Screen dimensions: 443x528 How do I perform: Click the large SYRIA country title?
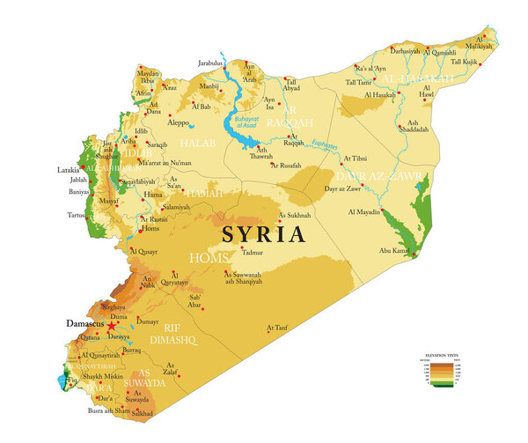coord(264,234)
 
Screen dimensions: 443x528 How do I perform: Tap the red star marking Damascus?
coord(112,325)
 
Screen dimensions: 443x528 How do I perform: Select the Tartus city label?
coord(77,214)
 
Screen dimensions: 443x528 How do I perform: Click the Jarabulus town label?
coord(211,63)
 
